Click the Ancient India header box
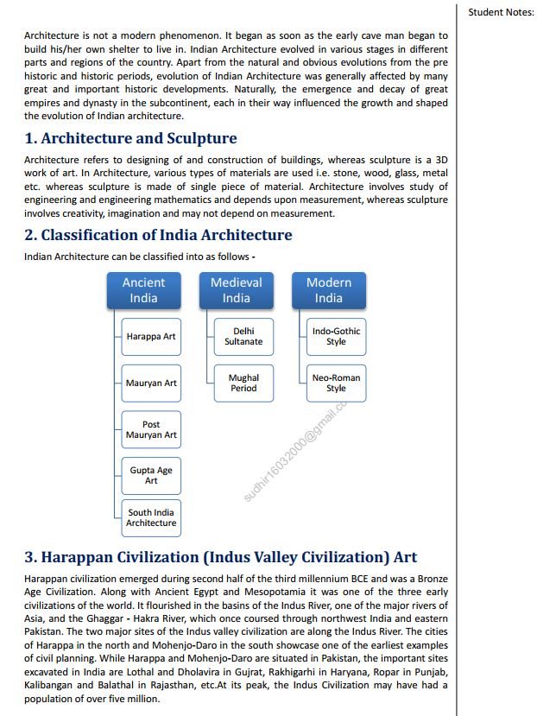(x=143, y=290)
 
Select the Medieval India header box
(x=236, y=290)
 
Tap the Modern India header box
(x=328, y=290)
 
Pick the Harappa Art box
(x=151, y=337)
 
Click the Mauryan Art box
(x=151, y=383)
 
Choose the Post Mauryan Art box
(x=151, y=430)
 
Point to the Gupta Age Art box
(x=151, y=476)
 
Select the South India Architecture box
(x=151, y=517)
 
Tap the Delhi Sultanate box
(x=243, y=337)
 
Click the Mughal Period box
(x=243, y=383)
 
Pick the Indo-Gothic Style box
(x=336, y=337)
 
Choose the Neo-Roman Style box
(x=336, y=383)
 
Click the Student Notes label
(x=501, y=12)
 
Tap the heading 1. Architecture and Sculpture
(x=130, y=138)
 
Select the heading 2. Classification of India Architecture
(x=158, y=235)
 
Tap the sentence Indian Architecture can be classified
(x=139, y=257)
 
